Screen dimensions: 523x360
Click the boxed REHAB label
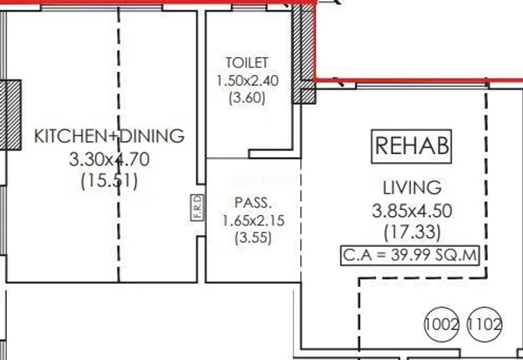pos(411,146)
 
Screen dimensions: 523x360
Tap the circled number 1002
pos(441,324)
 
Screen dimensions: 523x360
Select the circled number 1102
pos(484,324)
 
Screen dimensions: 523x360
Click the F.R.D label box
pos(198,208)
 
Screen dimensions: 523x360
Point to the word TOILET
pos(247,63)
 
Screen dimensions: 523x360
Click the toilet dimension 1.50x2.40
pos(247,80)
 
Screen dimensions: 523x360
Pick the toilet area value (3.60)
pos(247,98)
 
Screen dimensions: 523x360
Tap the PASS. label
pos(253,202)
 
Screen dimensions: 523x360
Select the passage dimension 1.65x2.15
pos(253,221)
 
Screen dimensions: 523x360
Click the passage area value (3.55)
pos(253,238)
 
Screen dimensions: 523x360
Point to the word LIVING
pos(412,188)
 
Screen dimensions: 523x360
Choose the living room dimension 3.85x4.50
pos(412,211)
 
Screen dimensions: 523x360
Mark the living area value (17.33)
pos(412,232)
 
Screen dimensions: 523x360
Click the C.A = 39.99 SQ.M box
pos(410,256)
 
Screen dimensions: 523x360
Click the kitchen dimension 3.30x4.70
pos(109,159)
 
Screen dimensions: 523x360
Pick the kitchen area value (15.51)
pos(109,182)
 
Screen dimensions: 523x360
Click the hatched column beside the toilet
pos(304,54)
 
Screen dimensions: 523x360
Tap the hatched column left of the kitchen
pos(11,115)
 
